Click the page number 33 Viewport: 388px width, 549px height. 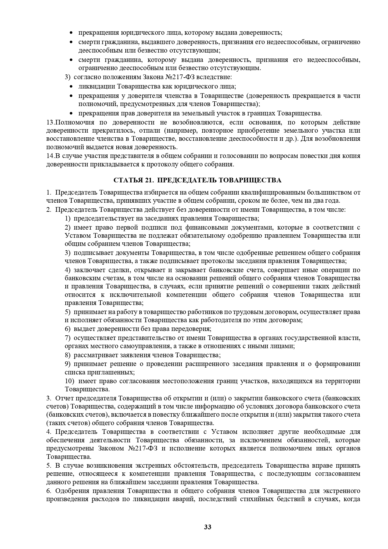coord(208,527)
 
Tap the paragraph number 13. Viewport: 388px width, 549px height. coord(50,122)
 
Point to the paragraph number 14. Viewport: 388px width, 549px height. coord(50,156)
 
